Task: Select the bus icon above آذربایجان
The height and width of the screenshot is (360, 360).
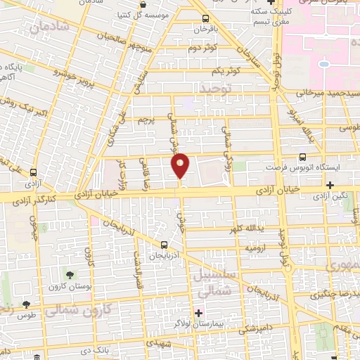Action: point(164,245)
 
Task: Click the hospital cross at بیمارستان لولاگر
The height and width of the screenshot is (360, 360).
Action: point(199,313)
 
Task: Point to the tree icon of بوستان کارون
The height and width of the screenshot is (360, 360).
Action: point(70,274)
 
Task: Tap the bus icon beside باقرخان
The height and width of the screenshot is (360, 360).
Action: point(205,19)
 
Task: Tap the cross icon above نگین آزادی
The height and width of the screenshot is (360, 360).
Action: point(330,185)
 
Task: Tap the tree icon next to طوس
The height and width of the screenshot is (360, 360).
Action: point(26,304)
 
